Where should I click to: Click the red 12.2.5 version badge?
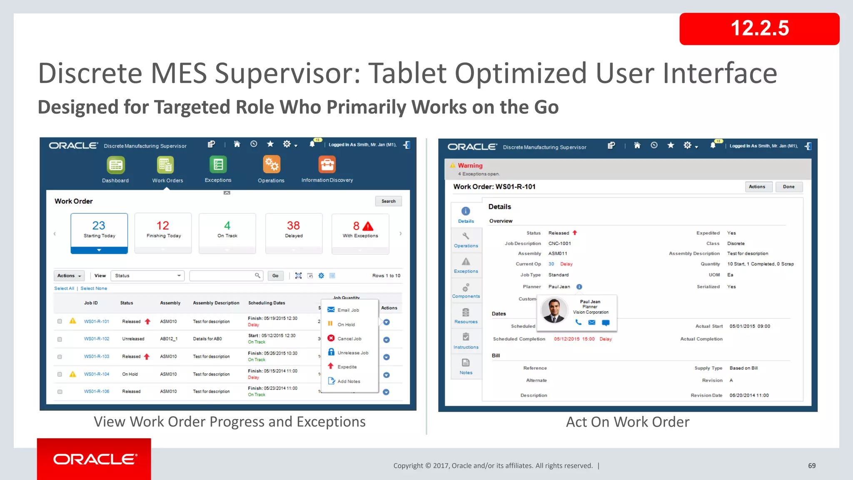coord(759,29)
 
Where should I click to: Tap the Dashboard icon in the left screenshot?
coord(115,165)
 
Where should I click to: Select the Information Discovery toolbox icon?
coord(327,165)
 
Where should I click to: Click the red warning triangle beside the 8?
coord(368,226)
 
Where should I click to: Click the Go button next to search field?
coord(275,276)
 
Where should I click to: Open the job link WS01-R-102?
coord(97,339)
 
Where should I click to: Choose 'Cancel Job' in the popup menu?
coord(349,339)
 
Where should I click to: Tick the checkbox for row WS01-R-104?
coord(60,374)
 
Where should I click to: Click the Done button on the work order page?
coord(788,187)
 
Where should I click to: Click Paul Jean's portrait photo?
coord(554,310)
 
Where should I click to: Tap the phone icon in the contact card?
coord(578,322)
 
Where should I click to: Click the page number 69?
coord(812,466)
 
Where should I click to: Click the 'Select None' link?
coord(94,288)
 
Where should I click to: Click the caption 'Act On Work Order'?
coord(627,422)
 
